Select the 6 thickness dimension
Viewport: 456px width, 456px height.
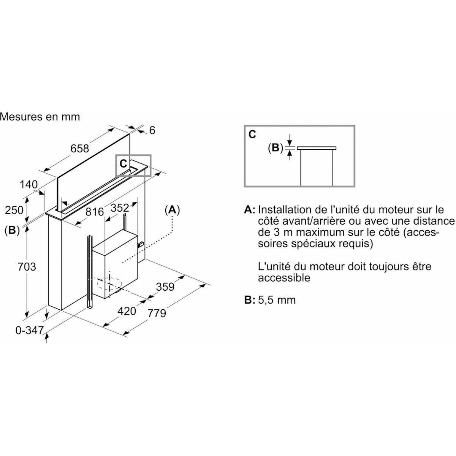152,130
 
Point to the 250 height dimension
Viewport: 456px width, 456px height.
14,210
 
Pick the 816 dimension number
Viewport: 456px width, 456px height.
95,212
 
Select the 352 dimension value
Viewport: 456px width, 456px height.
120,208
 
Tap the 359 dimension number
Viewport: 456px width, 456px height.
165,287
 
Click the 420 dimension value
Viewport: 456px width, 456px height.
127,311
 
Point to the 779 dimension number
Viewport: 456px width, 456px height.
157,313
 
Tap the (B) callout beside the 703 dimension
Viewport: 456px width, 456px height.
12,230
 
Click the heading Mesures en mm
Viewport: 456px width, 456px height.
40,117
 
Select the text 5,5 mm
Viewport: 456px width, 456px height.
277,300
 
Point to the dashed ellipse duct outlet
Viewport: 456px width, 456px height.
109,284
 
